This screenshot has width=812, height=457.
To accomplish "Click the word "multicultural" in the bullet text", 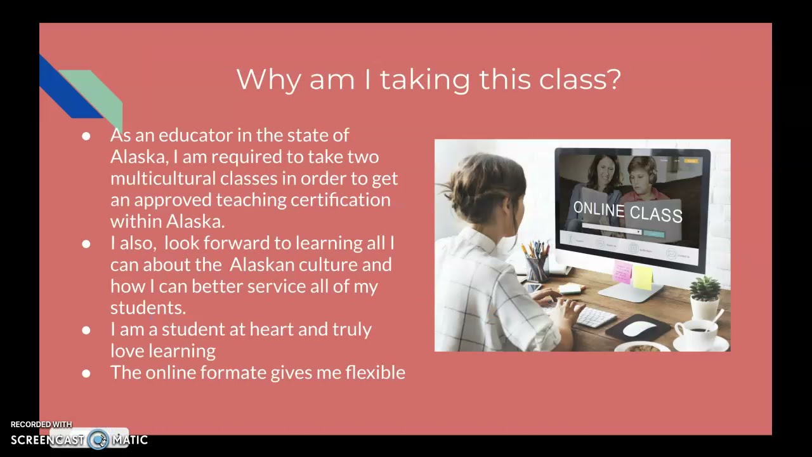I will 162,178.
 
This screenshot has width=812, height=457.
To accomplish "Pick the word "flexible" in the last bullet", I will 375,373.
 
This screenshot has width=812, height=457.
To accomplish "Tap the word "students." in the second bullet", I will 148,308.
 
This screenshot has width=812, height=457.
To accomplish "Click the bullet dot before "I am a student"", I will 86,330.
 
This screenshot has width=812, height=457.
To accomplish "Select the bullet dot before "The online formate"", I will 86,373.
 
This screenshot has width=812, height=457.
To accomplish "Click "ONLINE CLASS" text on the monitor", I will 627,211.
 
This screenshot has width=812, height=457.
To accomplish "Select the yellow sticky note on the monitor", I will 643,277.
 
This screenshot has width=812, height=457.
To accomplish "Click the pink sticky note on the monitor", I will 622,272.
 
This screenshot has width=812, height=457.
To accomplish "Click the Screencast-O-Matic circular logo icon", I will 98,440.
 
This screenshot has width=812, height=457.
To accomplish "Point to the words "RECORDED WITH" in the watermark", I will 41,425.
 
